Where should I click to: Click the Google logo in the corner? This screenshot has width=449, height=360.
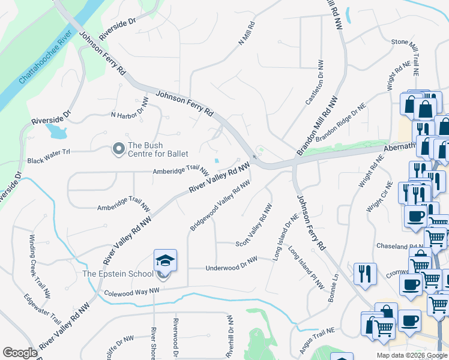20,353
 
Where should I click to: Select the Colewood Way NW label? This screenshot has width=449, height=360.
131,292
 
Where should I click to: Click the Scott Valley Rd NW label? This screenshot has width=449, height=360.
255,225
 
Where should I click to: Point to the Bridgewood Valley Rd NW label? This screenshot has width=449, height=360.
220,206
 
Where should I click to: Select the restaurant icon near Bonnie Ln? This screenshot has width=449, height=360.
365,274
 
